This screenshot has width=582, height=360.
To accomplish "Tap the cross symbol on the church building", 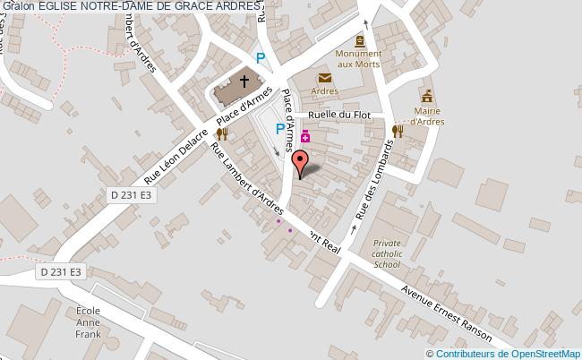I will [x=244, y=81].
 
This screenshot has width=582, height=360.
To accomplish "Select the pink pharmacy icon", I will [x=305, y=136].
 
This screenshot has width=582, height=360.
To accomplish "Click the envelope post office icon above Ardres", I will [x=324, y=79].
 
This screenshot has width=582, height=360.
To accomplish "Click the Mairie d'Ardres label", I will [x=427, y=116].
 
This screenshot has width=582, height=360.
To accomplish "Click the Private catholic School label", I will [x=388, y=253].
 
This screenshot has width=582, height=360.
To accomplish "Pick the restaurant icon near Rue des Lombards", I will [x=398, y=131].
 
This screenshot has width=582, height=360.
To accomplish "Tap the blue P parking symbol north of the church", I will [x=261, y=58].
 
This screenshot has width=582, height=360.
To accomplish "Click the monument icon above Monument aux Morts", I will [x=359, y=41].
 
